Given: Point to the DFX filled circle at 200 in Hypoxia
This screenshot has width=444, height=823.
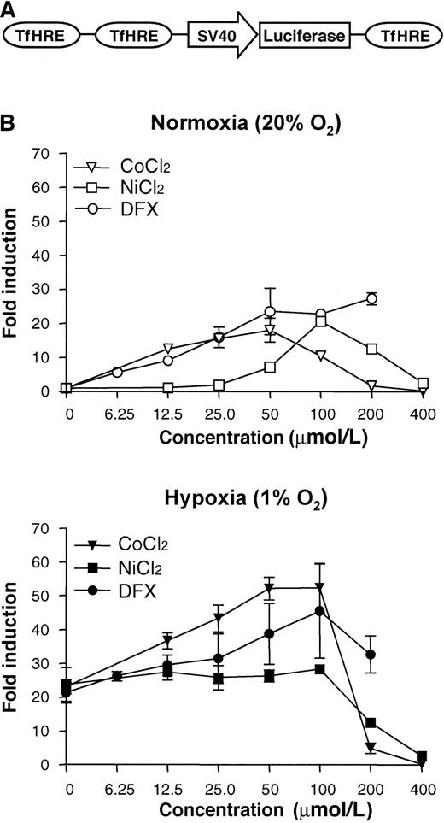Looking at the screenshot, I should pyautogui.click(x=371, y=655).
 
